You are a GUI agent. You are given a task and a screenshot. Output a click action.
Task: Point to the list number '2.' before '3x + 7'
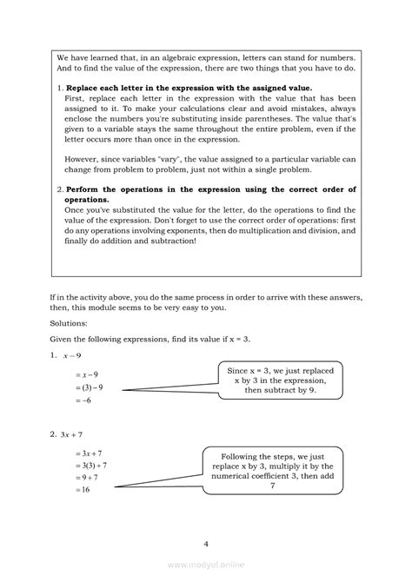pyautogui.click(x=53, y=433)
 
